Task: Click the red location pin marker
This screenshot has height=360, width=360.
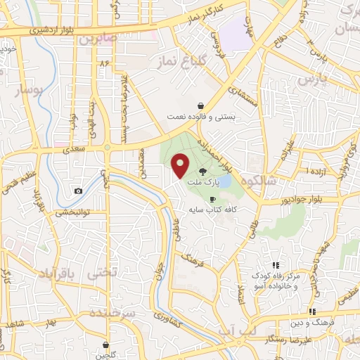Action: (181, 165)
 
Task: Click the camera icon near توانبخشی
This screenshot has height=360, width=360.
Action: (78, 191)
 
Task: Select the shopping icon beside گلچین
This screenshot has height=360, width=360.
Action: (106, 345)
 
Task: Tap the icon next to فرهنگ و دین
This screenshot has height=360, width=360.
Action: (311, 311)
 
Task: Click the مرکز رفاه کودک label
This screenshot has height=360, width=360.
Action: (276, 276)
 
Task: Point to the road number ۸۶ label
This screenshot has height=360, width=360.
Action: (105, 63)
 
